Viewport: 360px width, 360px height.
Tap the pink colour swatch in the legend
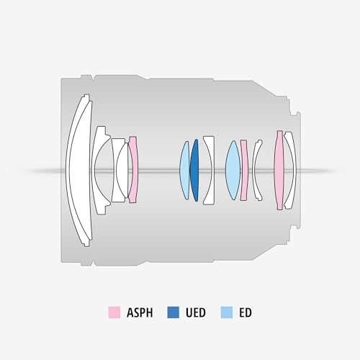tap(114, 312)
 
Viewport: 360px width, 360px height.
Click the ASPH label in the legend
tap(138, 312)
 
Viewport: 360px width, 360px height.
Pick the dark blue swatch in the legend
tap(174, 312)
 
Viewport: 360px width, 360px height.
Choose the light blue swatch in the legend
tap(225, 312)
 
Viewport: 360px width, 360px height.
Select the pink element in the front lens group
tap(132, 170)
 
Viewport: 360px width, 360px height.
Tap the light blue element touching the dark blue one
tap(184, 170)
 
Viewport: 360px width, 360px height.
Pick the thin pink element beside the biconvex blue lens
tap(244, 170)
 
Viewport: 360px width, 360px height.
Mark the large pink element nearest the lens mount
tap(279, 170)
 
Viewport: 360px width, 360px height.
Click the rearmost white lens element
tap(289, 170)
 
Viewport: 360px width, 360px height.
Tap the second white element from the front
tap(102, 170)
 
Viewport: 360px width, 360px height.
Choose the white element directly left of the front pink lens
tap(122, 170)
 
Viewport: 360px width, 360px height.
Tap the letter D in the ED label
tap(248, 312)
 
